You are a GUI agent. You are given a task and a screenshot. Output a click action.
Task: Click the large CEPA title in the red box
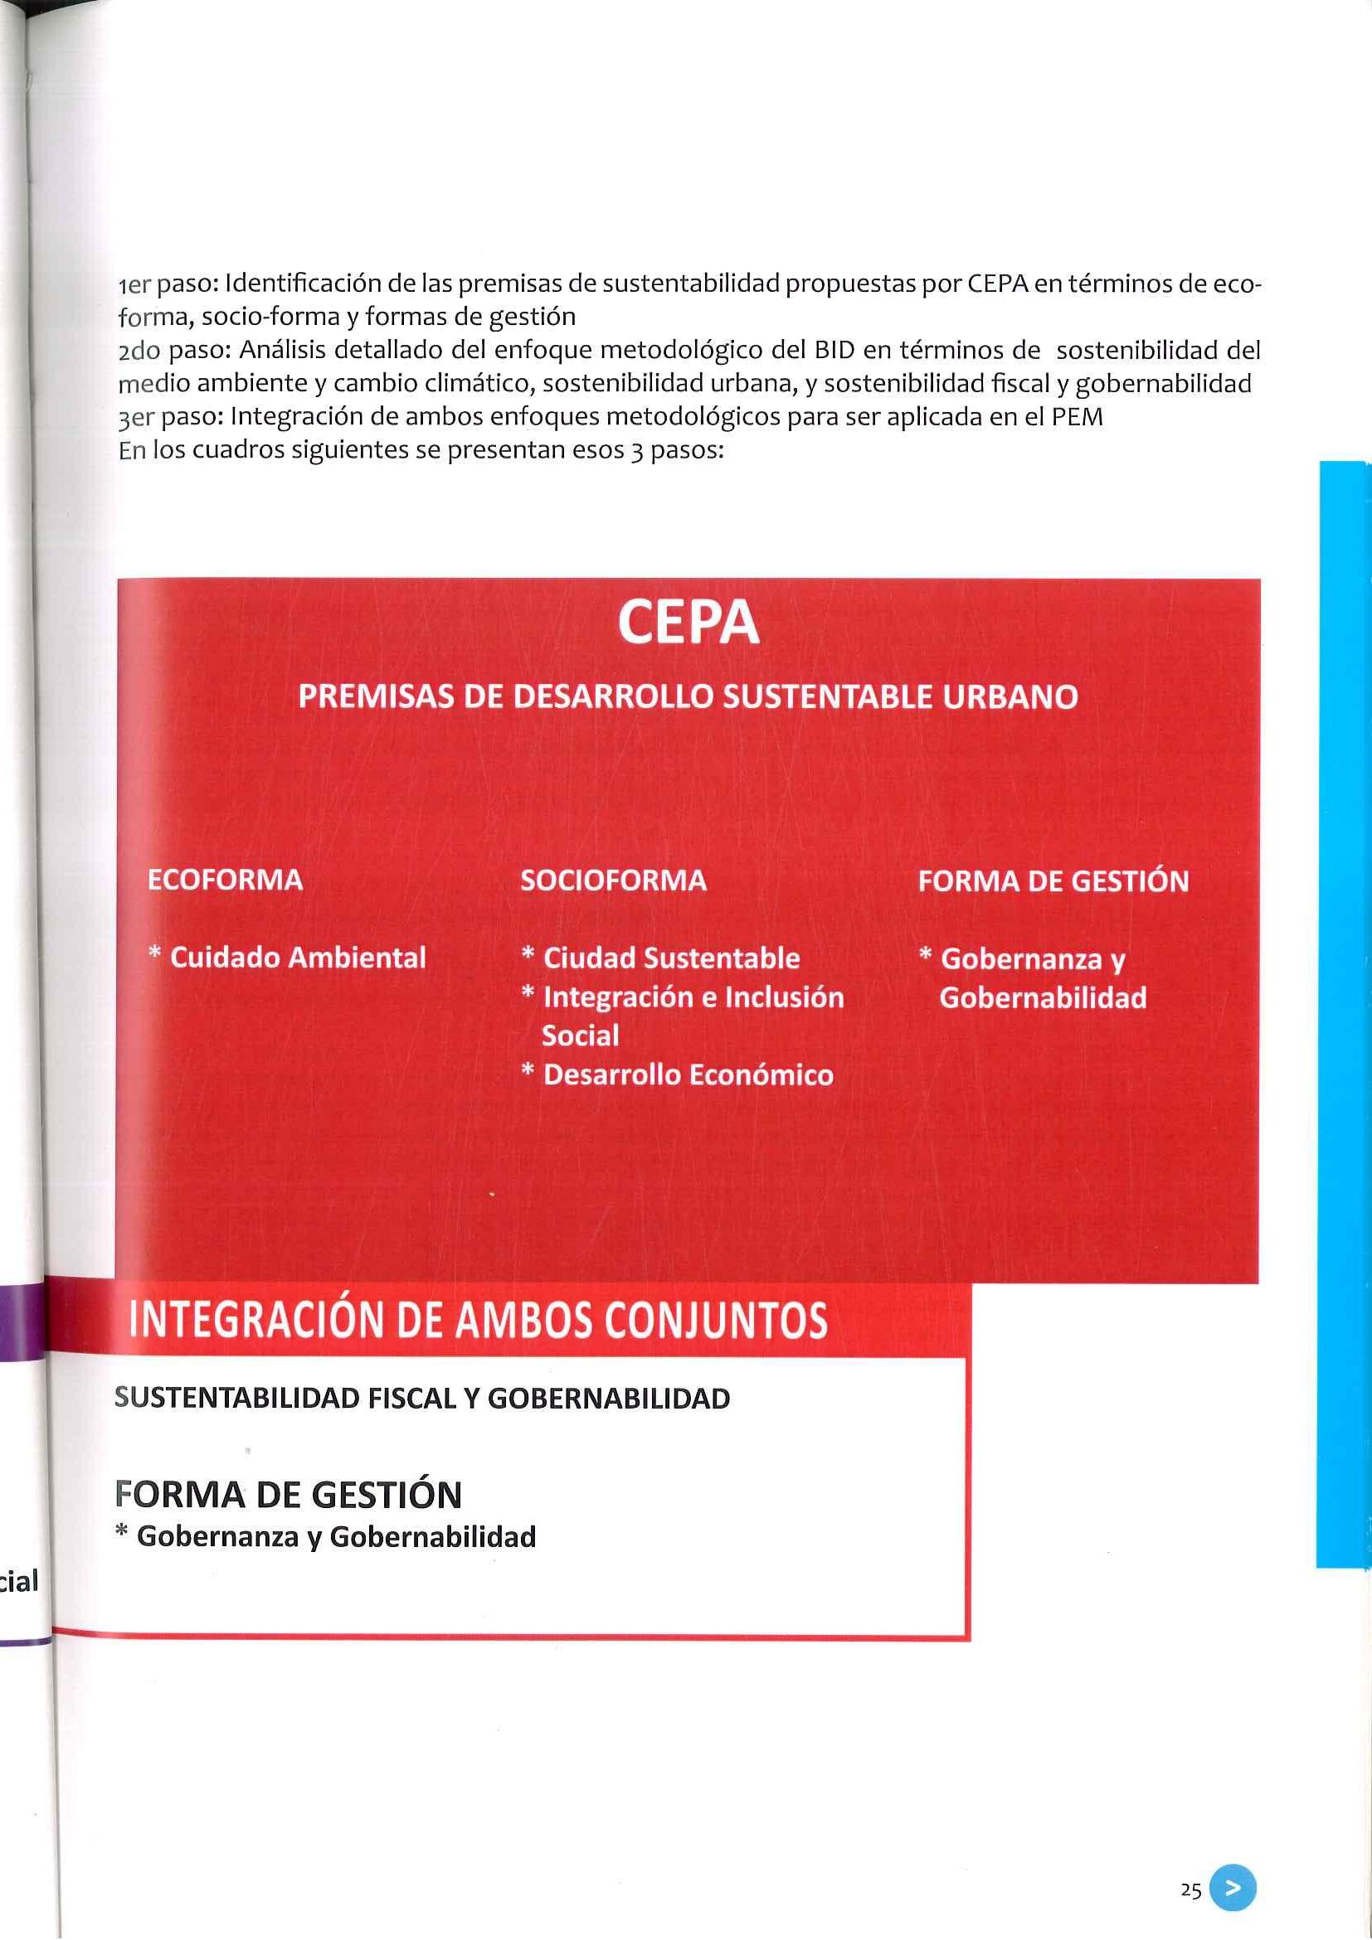pos(688,624)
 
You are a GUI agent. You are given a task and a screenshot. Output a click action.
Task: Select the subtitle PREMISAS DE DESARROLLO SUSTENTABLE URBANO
pos(688,697)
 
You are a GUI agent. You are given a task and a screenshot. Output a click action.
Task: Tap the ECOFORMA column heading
pos(225,880)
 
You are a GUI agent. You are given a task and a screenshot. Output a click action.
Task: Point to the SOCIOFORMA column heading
pos(613,880)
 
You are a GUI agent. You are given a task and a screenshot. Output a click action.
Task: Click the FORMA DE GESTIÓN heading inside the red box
pos(1053,881)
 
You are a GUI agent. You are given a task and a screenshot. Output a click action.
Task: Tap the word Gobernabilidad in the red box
pos(1043,998)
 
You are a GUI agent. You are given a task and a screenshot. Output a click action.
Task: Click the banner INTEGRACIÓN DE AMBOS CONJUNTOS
pos(478,1321)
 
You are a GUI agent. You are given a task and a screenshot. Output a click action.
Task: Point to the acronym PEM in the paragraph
pos(1078,416)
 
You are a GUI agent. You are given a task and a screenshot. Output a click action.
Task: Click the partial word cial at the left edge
pos(18,1581)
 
